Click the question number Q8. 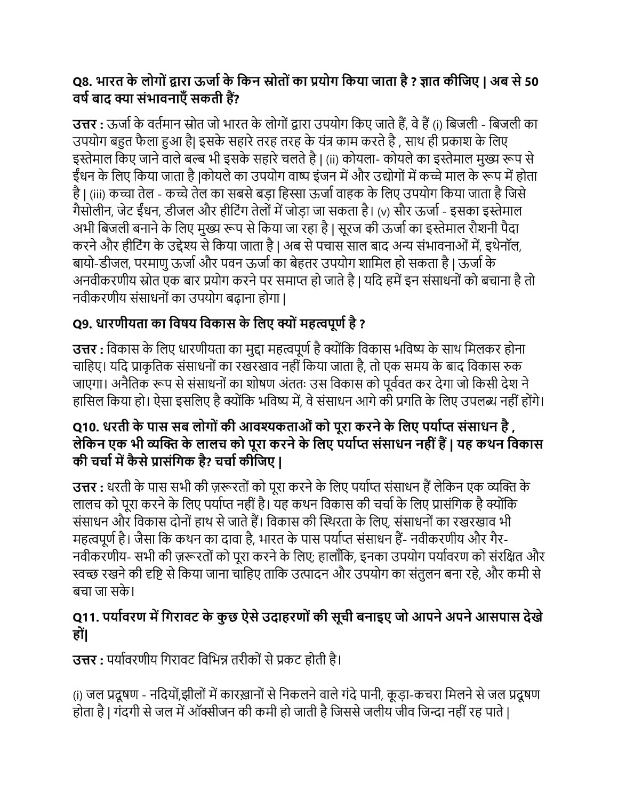(x=83, y=82)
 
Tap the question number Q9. (x=83, y=323)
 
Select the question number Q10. (x=86, y=428)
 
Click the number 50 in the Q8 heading (x=531, y=82)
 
